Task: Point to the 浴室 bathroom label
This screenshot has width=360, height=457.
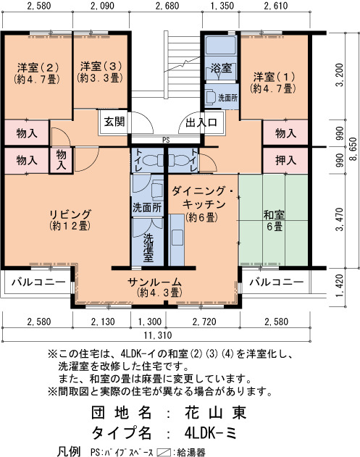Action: point(221,68)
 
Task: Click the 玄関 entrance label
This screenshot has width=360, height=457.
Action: point(114,122)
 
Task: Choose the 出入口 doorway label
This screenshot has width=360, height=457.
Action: point(201,122)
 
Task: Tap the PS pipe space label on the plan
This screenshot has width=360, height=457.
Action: point(166,141)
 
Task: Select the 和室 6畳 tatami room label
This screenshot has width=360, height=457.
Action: point(274,221)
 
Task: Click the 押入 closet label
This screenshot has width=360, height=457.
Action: point(285,160)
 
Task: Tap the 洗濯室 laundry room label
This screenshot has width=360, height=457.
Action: point(148,247)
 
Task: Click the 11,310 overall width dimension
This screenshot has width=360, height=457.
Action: point(158,335)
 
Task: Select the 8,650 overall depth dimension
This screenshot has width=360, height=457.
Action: point(353,149)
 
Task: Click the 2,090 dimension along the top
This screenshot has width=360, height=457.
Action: point(102,6)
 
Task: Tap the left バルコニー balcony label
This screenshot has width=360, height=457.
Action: point(38,282)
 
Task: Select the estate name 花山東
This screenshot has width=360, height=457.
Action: point(215,412)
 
